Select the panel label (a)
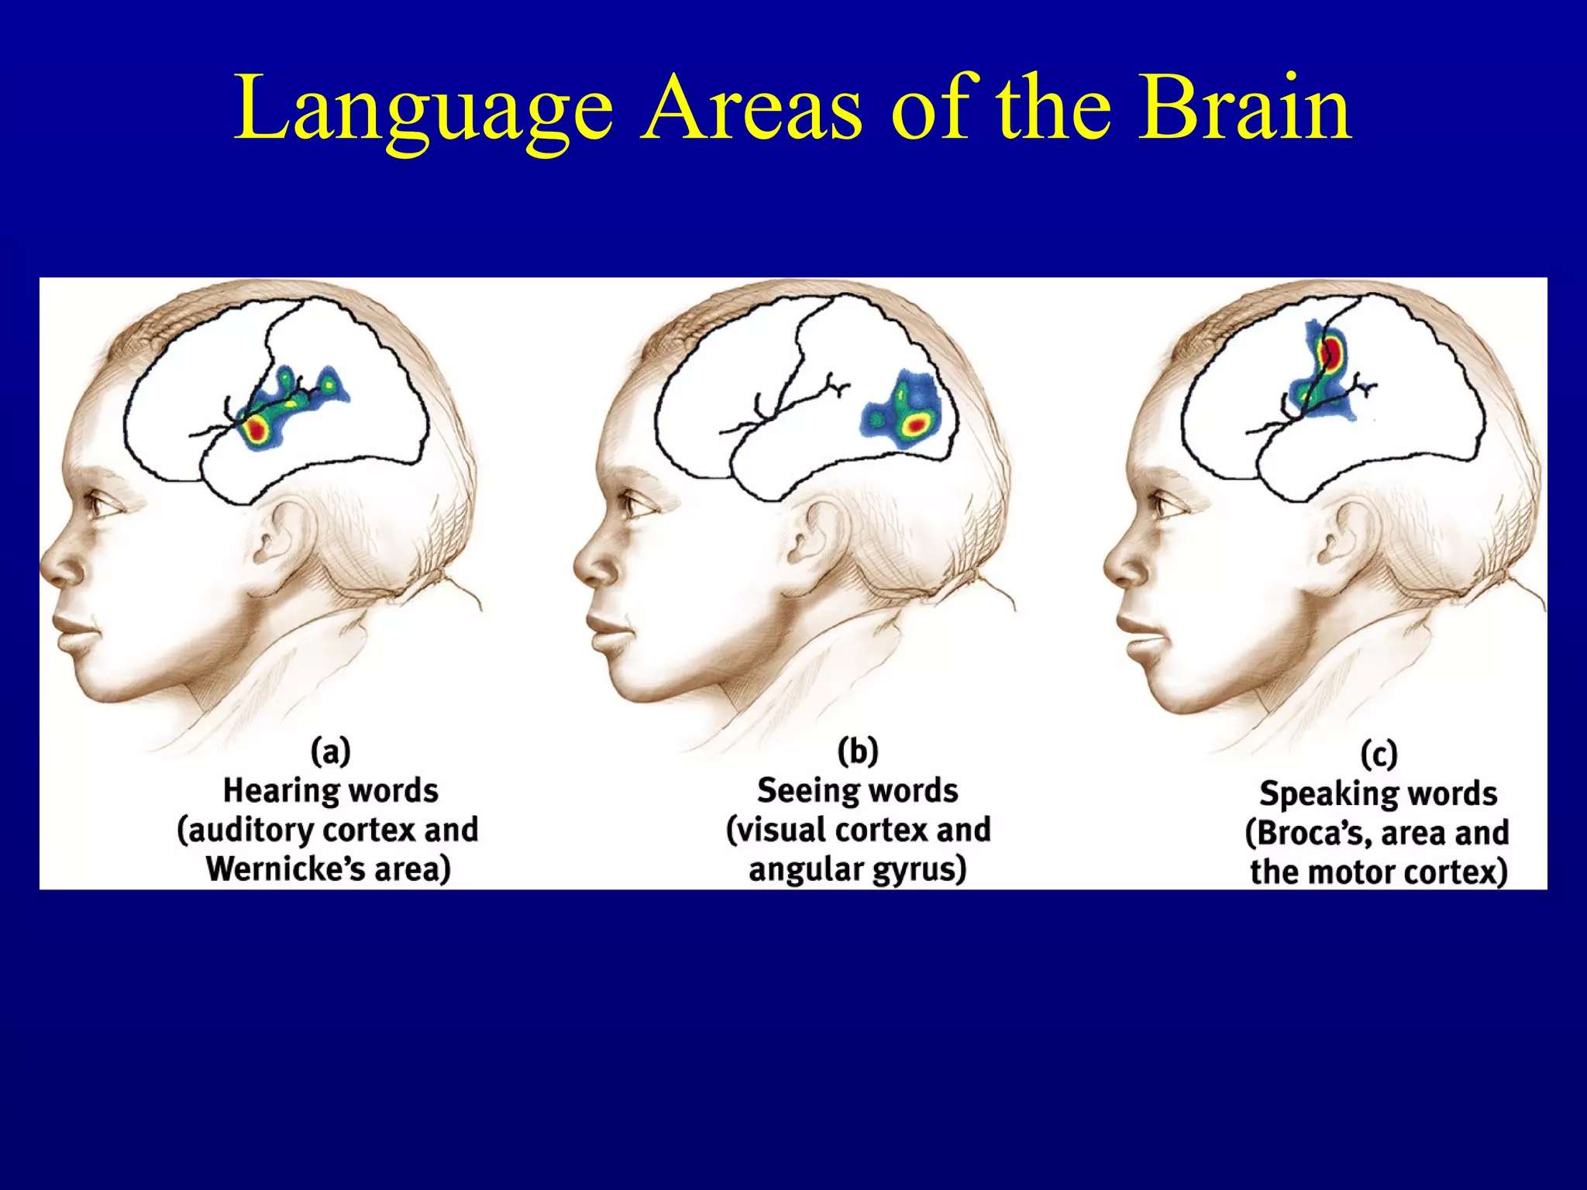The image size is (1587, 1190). point(331,751)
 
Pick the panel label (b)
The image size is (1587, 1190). point(858,751)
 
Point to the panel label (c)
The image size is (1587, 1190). point(1379,754)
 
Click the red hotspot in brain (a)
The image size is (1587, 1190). point(256,428)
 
